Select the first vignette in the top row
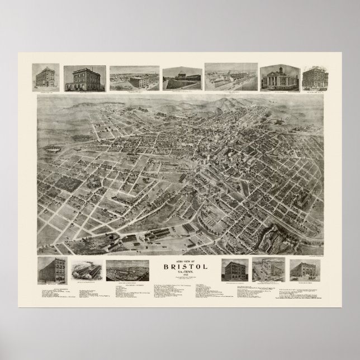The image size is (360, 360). click(48, 78)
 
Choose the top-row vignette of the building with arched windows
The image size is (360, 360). click(84, 78)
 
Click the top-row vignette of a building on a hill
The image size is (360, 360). click(181, 78)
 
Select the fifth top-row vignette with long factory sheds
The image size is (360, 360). click(230, 77)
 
